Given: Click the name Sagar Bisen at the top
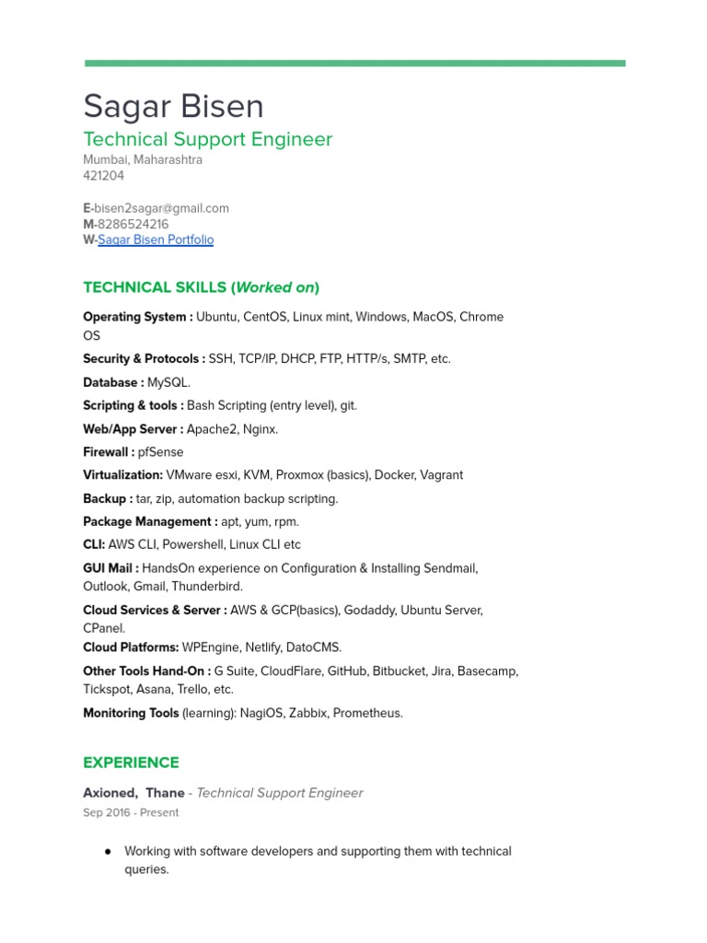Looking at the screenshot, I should coord(173,107).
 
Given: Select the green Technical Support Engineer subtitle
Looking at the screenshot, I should coord(207,139).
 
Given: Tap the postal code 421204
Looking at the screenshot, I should coord(103,175).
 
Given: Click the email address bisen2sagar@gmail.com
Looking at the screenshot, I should coord(161,208).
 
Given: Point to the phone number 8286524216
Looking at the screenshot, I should coord(133,224).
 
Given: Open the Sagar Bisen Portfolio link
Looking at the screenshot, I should coord(156,239).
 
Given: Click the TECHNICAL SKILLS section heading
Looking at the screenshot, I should coord(201,287).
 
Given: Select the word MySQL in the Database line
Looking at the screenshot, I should coord(168,382).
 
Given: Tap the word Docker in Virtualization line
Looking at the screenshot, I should coord(394,475).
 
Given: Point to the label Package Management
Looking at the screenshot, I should coord(149,521).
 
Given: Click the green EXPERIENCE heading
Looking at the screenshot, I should coord(131,763).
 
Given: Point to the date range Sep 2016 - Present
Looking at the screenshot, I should coord(131,812).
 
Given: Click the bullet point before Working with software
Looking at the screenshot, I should coord(110,852).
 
